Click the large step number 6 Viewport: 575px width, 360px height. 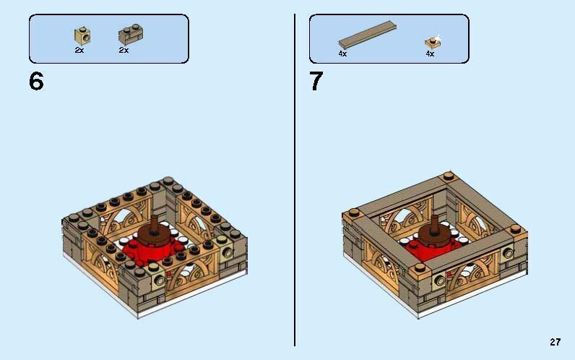(36, 82)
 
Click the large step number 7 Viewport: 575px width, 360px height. (316, 82)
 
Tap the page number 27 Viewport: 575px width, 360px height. (555, 342)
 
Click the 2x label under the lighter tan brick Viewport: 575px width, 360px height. (79, 51)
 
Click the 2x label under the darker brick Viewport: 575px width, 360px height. (124, 51)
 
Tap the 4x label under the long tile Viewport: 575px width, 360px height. (342, 53)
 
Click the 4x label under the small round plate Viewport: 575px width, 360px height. (430, 53)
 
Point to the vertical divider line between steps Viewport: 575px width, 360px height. (295, 181)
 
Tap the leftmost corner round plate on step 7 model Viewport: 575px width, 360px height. (353, 213)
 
